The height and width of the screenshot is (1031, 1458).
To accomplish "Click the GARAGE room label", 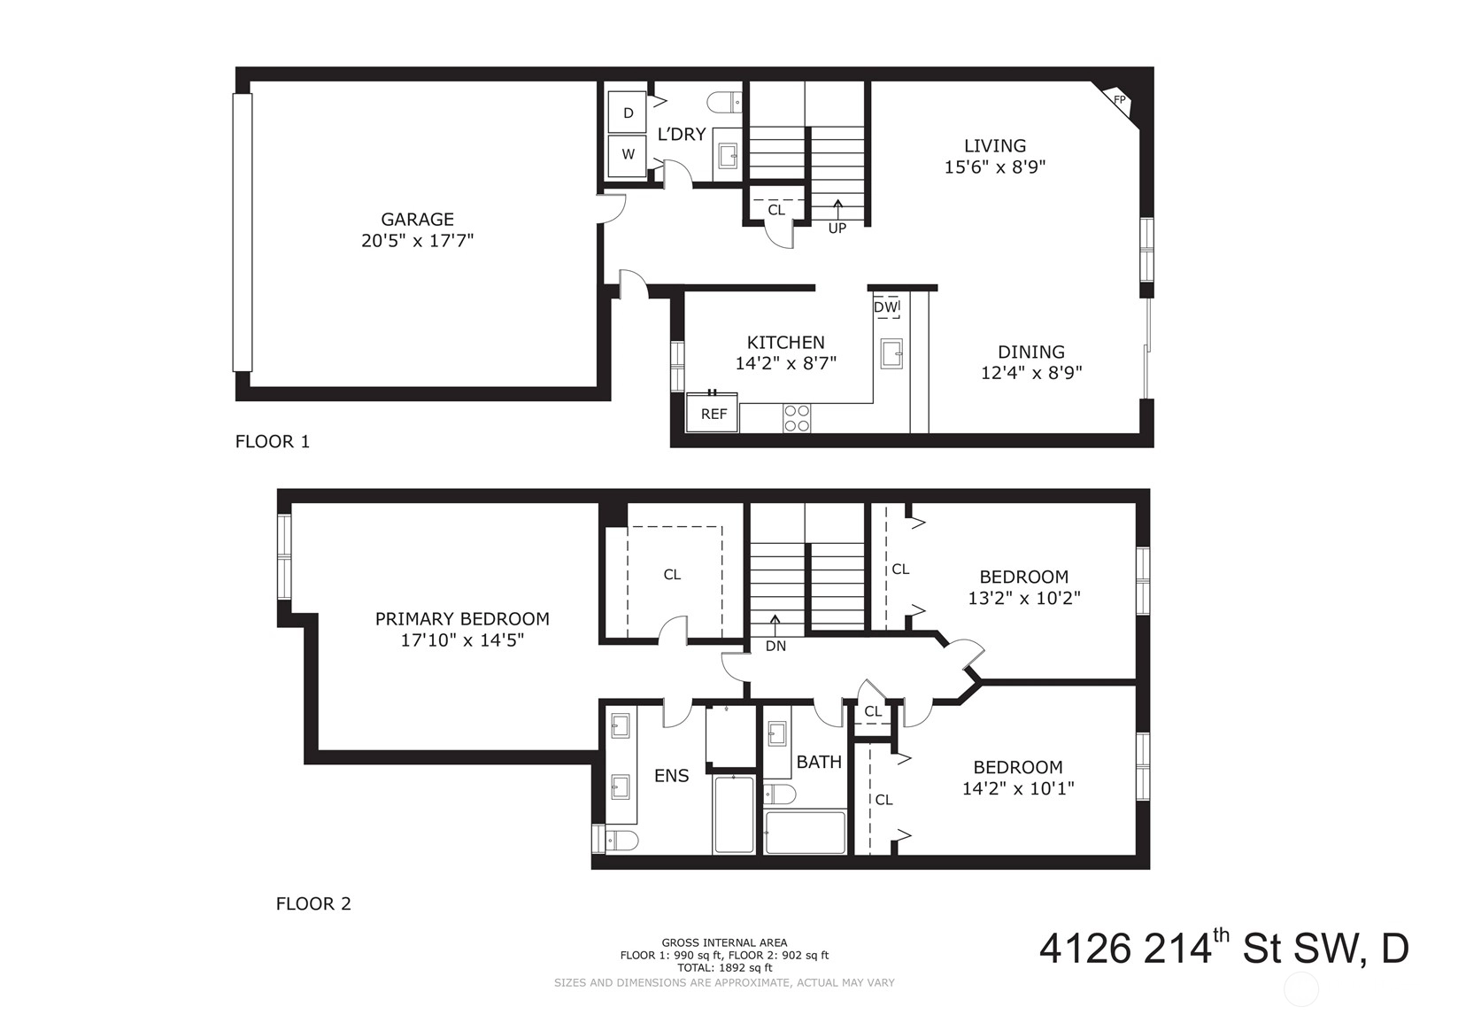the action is [x=417, y=219].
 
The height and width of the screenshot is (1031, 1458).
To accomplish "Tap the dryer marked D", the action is [x=628, y=112].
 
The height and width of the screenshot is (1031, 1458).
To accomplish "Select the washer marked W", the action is [x=628, y=155].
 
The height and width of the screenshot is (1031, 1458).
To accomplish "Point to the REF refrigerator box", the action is [x=713, y=413].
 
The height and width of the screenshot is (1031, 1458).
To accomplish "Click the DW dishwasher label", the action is [x=884, y=306].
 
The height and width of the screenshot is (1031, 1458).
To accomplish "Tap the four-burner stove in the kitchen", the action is [x=797, y=418].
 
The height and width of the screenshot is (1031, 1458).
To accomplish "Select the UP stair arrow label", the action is [x=837, y=229].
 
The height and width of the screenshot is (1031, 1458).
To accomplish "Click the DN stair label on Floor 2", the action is [x=775, y=646].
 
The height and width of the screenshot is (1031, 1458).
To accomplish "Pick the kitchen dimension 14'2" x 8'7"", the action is [x=785, y=363].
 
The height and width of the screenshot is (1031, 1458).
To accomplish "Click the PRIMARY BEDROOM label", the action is [x=462, y=619].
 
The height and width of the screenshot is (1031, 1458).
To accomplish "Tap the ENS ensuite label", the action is [x=671, y=776].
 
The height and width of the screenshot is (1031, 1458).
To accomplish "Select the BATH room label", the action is [x=819, y=762].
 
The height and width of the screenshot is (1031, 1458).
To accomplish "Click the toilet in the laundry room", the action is [x=725, y=102].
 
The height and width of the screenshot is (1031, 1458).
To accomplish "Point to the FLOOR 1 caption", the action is [x=272, y=442].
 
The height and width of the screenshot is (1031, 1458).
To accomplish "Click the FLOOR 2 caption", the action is [x=313, y=904].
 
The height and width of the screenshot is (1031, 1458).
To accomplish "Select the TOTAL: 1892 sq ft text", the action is [x=724, y=968].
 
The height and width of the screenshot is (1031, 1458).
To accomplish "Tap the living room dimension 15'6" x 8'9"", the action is [x=994, y=167].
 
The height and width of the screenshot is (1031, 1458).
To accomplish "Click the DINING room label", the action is [x=1031, y=352].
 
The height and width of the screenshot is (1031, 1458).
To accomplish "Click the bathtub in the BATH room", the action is [x=806, y=832].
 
